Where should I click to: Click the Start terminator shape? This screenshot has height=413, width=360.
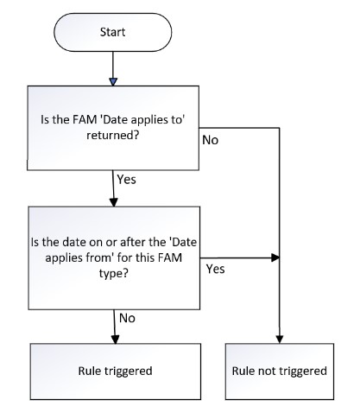[x=113, y=32]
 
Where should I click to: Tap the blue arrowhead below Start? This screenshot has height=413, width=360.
[x=113, y=82]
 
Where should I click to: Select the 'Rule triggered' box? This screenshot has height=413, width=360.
[x=116, y=372]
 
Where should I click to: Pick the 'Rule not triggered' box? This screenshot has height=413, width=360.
[x=280, y=372]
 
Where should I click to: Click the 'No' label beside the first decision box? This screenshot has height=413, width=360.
[x=211, y=140]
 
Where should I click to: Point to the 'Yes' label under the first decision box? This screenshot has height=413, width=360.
[x=126, y=180]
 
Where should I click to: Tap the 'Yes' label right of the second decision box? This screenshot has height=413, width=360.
[x=215, y=269]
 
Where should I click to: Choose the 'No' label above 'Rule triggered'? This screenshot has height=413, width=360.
[x=127, y=318]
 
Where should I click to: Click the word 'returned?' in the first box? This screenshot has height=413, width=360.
[x=113, y=135]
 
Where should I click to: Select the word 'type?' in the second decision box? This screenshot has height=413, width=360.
[x=113, y=273]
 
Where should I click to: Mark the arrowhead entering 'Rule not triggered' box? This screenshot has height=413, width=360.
[x=280, y=340]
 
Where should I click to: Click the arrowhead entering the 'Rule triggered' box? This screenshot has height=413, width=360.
[x=115, y=340]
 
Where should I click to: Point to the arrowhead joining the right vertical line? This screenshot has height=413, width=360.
[x=275, y=257]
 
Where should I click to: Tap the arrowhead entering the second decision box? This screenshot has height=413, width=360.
[x=114, y=202]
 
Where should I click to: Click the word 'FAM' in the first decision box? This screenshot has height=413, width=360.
[x=85, y=119]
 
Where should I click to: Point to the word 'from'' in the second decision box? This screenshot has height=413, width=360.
[x=103, y=257]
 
